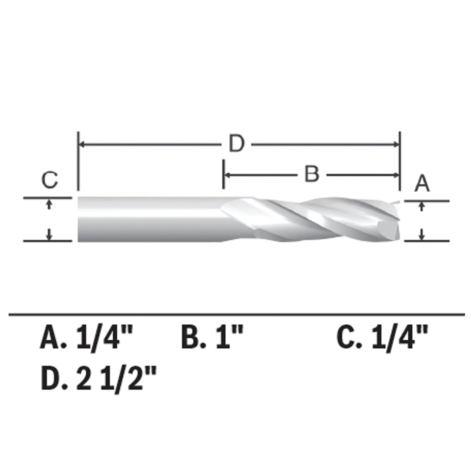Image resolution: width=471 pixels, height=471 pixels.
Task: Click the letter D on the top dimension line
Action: point(236,144)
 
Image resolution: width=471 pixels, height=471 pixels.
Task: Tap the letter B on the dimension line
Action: point(311,174)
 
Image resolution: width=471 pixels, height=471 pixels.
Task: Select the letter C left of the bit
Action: point(50,180)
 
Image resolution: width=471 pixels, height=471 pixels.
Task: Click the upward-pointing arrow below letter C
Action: point(49,203)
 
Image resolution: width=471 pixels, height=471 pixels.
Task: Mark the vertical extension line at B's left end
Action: point(223,174)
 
